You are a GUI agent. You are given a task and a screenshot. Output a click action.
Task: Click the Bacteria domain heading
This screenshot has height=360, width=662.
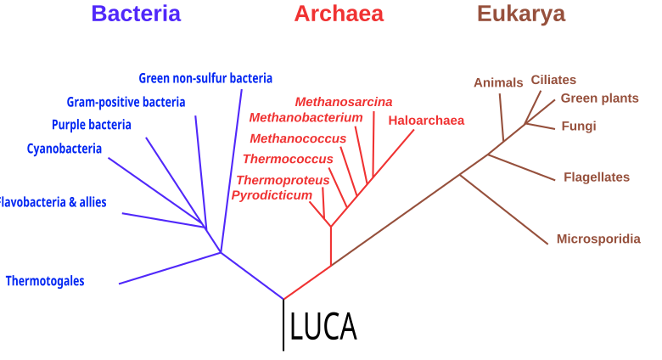136,14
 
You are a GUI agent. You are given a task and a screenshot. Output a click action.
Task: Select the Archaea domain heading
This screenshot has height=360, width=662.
339,14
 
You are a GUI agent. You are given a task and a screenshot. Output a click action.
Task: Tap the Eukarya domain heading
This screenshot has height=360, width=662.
521,14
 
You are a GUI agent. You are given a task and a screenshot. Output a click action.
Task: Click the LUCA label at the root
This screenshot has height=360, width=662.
323,326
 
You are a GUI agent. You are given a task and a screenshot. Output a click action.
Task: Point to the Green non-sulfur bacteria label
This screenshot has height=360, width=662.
205,78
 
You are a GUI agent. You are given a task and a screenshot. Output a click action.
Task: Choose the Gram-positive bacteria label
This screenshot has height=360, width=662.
126,102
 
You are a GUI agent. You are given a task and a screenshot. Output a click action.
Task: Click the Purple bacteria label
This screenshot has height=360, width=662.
91,125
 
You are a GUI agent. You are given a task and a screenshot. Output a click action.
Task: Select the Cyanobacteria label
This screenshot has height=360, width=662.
65,149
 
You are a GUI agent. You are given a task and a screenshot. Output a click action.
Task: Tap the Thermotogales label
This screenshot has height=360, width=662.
45,281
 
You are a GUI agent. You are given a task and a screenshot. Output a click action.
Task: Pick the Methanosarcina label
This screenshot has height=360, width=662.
344,102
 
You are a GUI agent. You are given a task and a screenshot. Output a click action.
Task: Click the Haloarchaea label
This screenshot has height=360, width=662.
426,121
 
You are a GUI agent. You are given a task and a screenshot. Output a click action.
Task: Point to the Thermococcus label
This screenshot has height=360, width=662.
288,159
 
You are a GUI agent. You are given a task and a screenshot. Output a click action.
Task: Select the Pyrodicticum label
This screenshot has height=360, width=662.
272,195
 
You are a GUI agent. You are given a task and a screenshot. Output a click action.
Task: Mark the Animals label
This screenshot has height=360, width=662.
498,82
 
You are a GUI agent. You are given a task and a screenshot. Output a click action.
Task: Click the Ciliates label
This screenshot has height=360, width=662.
553,80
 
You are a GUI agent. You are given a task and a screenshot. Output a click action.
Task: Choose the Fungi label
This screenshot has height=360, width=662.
579,126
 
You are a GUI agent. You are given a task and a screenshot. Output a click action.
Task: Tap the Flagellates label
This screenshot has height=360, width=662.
597,177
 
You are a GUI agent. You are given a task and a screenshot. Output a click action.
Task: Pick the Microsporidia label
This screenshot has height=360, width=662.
598,239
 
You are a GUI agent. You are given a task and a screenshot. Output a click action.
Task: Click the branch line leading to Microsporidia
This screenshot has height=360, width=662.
503,210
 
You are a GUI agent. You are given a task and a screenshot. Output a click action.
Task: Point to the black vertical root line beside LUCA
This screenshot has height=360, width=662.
283,325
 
